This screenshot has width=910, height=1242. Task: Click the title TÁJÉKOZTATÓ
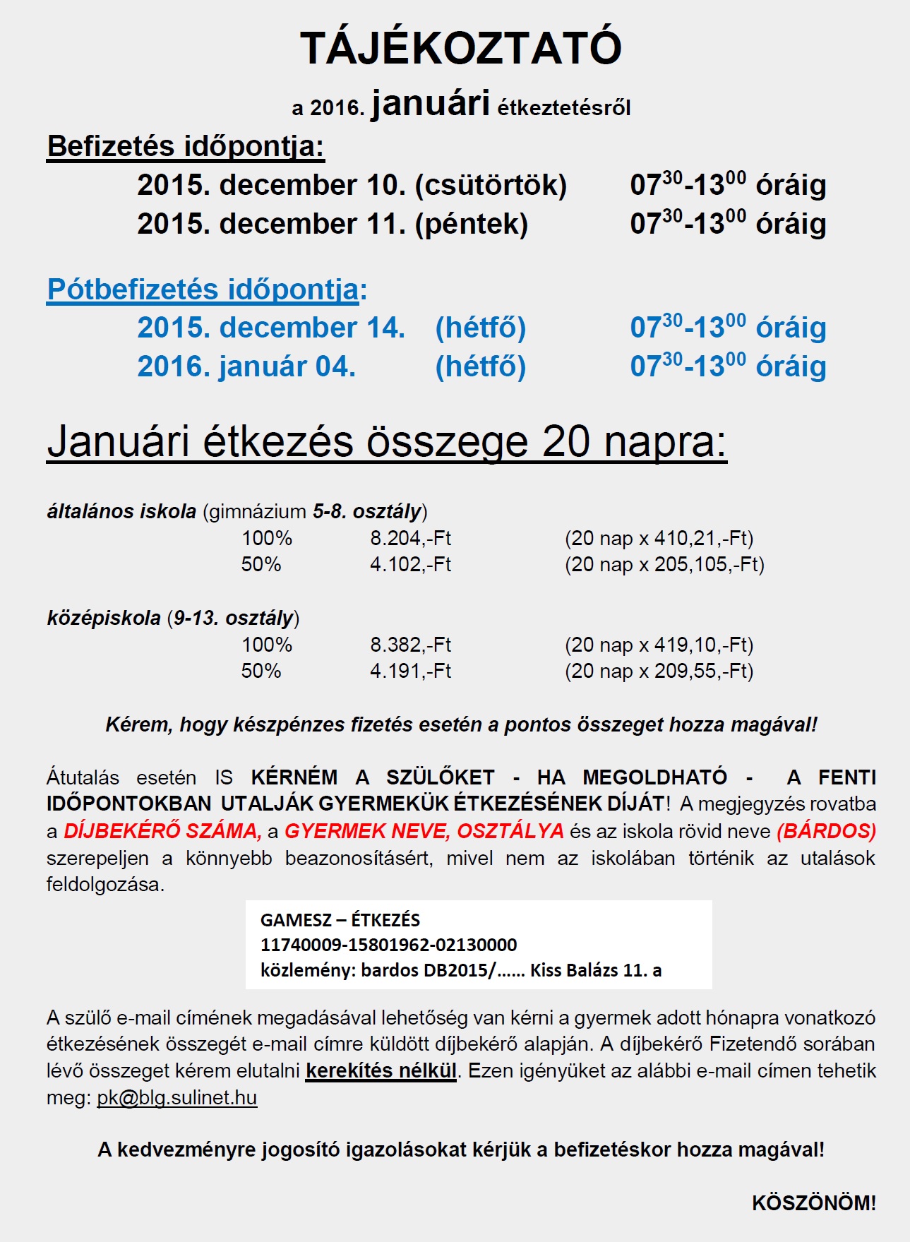[x=461, y=48]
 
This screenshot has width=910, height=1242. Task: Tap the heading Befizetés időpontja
[x=185, y=146]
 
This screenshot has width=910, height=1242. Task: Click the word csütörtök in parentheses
[x=491, y=185]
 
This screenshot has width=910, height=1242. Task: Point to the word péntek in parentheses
[x=472, y=224]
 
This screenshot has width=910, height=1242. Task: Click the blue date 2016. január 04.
[x=246, y=366]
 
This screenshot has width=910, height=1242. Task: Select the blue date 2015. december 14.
[x=271, y=328]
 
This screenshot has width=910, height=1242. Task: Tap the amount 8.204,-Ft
[x=410, y=538]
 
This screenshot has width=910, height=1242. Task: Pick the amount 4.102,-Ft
[x=410, y=564]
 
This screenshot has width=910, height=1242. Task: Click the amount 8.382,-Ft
[x=410, y=645]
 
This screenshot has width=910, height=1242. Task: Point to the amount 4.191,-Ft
[x=410, y=671]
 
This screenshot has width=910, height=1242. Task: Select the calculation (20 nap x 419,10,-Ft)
[x=659, y=645]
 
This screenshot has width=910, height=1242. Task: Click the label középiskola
[x=104, y=618]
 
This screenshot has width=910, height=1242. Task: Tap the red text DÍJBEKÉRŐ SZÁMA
[x=162, y=831]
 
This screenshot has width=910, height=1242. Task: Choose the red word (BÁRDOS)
[x=826, y=831]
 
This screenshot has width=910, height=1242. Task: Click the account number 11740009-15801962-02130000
[x=388, y=945]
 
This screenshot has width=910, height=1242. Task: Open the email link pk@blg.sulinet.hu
[x=176, y=1098]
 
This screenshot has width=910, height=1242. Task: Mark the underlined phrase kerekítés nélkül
[x=381, y=1071]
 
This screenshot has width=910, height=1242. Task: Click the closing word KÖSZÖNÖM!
[x=813, y=1203]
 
